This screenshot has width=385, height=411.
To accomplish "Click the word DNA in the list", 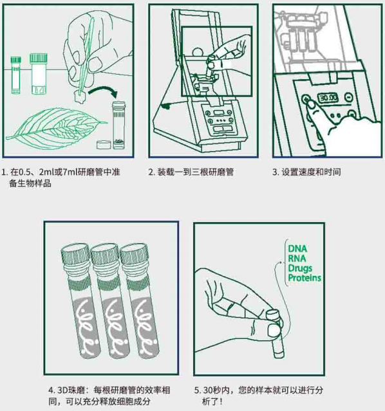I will click(297, 248).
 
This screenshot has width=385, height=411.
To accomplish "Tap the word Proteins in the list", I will click(305, 279).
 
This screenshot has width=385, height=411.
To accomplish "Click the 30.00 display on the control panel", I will click(328, 97).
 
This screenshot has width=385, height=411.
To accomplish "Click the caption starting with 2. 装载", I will click(191, 172).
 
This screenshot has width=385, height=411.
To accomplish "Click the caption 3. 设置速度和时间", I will click(306, 172).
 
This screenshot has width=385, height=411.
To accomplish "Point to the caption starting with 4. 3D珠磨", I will click(99, 396).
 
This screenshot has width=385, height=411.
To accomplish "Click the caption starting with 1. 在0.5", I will click(61, 178).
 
